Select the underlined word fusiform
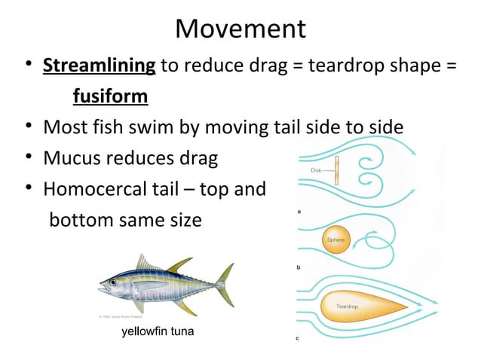pos(110,97)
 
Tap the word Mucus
pos(70,159)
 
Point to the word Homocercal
pos(99,190)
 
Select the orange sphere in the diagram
pos(335,240)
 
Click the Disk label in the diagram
pos(317,169)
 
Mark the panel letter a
pos(299,212)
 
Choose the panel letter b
pos(299,267)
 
